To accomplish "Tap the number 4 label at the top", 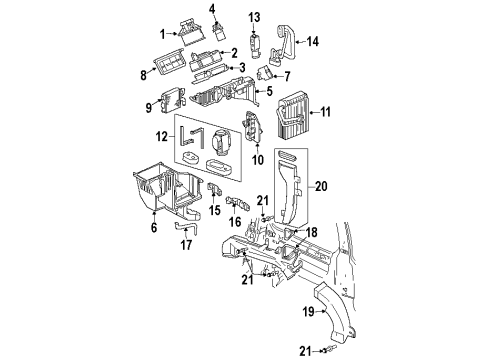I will (212, 9).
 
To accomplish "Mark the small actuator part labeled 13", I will (255, 43).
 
